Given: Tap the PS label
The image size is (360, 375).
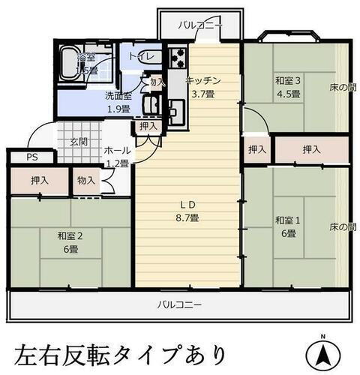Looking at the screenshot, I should [31, 157].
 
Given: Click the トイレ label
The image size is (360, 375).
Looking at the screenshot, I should [140, 56].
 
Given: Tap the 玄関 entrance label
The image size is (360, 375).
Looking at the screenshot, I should [79, 141].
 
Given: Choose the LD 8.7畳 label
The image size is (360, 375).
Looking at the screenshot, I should [187, 211].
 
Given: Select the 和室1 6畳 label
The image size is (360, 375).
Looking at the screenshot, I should [287, 226].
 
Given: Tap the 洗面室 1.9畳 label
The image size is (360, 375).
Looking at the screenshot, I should [118, 102].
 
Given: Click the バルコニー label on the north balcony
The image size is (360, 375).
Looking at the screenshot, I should [200, 25].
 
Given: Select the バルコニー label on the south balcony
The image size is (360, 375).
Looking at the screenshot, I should [180, 305].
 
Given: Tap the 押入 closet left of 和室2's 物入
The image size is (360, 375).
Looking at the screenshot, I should [40, 181].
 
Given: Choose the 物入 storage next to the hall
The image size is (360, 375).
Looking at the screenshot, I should [85, 181].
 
